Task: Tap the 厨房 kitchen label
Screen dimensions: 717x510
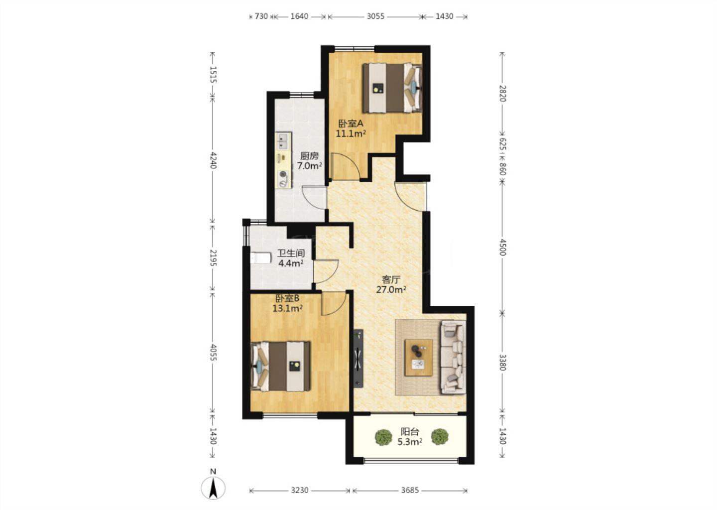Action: (309, 156)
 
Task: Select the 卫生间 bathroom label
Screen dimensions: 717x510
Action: (291, 253)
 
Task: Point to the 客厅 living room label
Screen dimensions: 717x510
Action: (391, 279)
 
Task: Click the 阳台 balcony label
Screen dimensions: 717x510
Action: (410, 432)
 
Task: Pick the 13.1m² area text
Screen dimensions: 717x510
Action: (287, 308)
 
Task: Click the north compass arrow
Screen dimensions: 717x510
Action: (213, 488)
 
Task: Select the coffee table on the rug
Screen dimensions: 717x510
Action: (419, 358)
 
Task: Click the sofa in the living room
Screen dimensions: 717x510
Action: (453, 357)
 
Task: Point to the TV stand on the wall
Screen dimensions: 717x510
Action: (358, 358)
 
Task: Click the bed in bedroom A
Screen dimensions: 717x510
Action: (392, 88)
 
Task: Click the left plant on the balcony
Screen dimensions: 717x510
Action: (383, 437)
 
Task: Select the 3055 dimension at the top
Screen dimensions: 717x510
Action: (375, 16)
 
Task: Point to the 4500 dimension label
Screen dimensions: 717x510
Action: (502, 247)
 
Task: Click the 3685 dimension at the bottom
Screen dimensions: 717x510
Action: (410, 490)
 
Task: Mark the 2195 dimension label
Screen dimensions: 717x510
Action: (213, 257)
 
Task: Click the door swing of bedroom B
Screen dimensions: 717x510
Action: (334, 303)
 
